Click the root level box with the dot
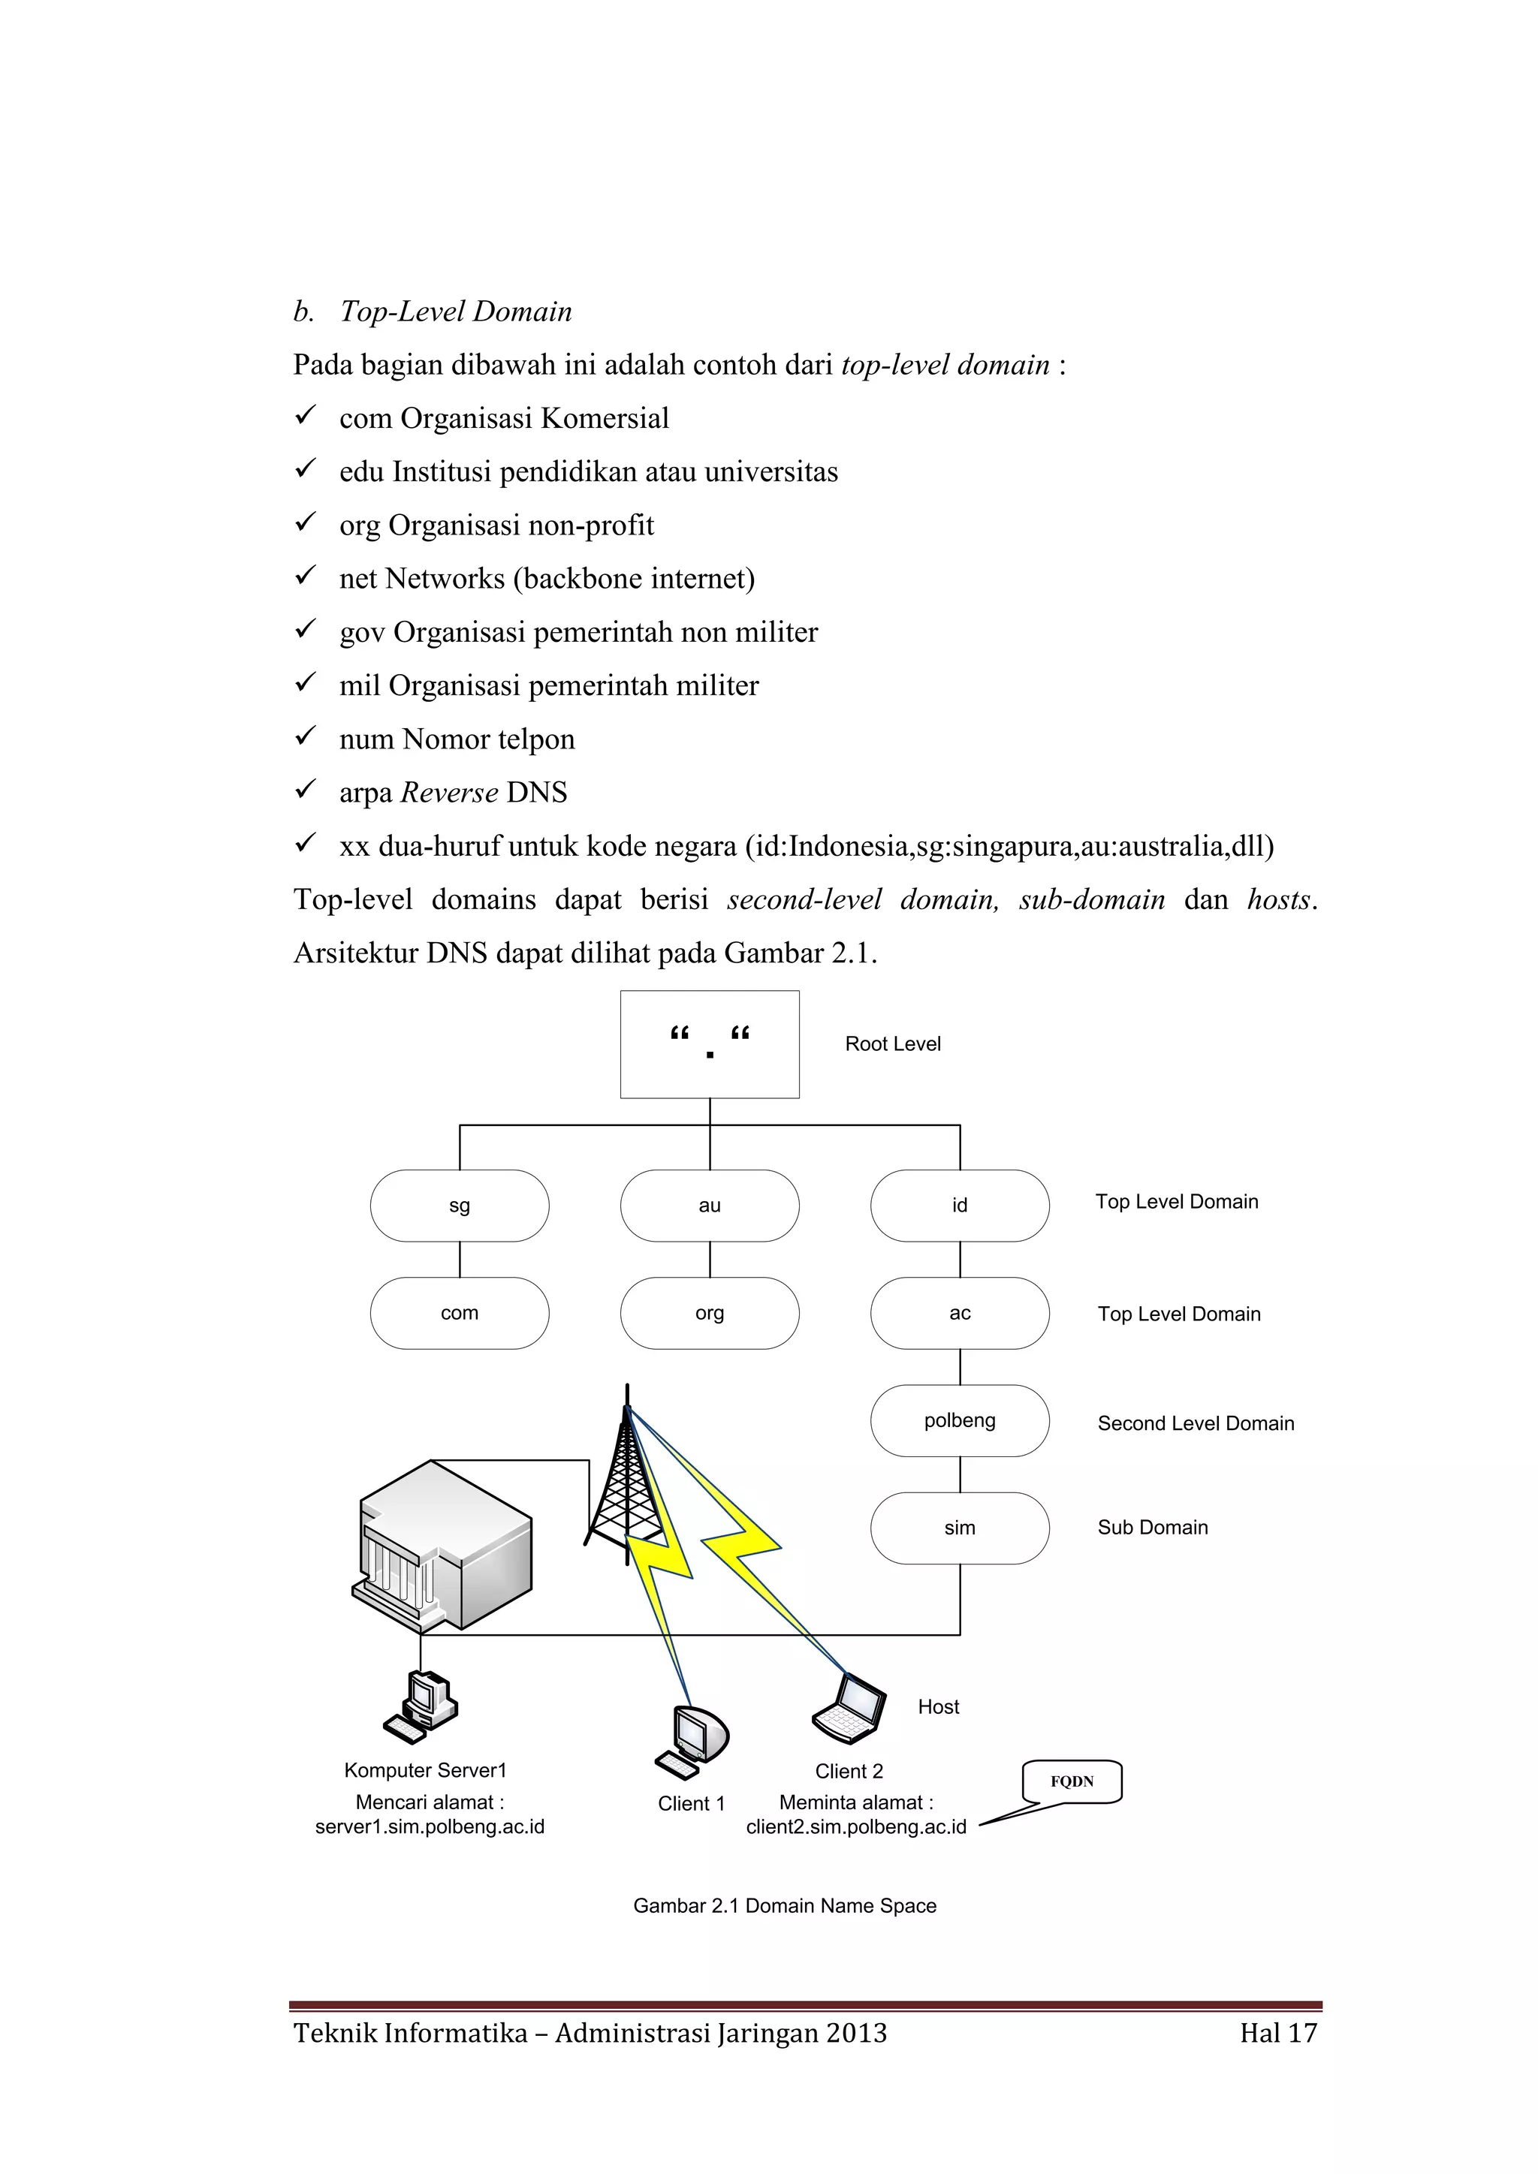point(710,1044)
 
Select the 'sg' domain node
point(460,1206)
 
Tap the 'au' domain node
point(710,1206)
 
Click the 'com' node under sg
point(460,1313)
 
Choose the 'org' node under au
point(710,1313)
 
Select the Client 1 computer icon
point(692,1742)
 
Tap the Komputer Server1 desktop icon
point(421,1707)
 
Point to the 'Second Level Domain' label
point(1195,1423)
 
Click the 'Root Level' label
point(892,1044)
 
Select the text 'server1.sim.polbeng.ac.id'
point(430,1826)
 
